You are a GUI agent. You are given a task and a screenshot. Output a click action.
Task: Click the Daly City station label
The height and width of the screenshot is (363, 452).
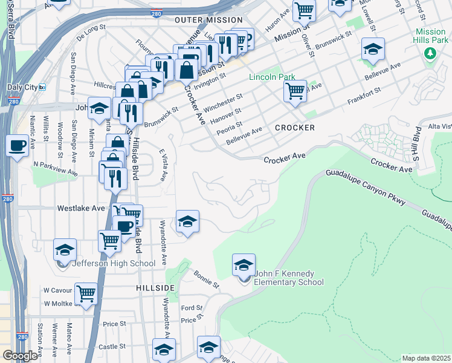point(22,87)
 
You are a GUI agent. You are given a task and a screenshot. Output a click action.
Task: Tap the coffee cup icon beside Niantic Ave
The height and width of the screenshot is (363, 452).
point(16,145)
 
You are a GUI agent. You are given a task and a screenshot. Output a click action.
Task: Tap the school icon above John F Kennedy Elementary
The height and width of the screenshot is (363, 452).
point(244,265)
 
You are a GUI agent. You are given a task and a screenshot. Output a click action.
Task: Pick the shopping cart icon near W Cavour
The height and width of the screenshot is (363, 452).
point(86,294)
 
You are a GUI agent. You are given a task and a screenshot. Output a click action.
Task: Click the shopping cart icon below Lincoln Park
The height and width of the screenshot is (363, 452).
point(294,92)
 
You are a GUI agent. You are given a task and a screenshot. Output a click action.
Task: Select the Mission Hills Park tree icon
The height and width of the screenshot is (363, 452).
point(430,53)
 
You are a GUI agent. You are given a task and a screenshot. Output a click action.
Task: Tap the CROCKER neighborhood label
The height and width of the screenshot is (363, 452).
point(295,128)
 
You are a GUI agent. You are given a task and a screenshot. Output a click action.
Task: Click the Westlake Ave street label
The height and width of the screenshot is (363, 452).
point(81,208)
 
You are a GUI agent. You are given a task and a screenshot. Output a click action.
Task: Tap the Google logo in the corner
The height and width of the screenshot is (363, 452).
point(19,356)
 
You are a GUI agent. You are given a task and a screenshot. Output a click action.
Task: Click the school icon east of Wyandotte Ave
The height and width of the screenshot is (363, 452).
point(187,221)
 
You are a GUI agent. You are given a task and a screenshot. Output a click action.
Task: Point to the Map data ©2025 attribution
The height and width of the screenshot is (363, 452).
point(426,358)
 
